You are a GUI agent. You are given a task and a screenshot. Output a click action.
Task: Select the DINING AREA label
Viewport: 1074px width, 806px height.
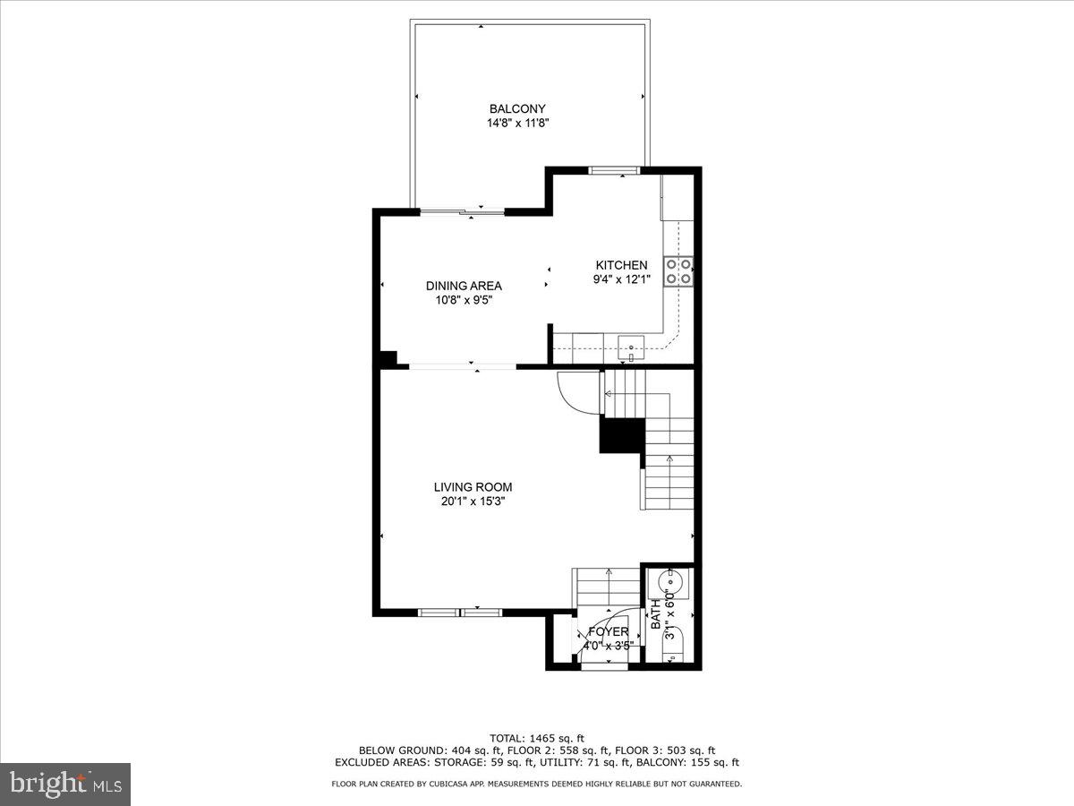[x=464, y=286]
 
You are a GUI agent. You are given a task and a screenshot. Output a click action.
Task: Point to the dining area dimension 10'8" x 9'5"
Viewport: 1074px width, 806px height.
[x=464, y=301]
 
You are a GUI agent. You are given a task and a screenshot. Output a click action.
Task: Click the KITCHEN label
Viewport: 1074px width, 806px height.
[x=621, y=265]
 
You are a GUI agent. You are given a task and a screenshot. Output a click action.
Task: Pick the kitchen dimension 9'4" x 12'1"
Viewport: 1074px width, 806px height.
[x=621, y=279]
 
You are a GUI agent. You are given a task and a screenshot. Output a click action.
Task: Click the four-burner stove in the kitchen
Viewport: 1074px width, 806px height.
[x=678, y=270]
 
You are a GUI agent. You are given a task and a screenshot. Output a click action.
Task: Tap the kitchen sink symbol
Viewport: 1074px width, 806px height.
[x=632, y=344]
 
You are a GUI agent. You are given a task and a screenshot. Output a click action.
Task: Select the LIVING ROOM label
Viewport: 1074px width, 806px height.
[x=473, y=487]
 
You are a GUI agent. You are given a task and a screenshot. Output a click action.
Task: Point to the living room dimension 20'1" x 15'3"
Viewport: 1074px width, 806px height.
[x=473, y=502]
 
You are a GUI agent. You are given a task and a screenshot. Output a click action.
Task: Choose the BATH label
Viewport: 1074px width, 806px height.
[x=655, y=615]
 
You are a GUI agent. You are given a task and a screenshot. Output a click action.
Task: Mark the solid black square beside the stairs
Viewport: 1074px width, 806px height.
[x=621, y=436]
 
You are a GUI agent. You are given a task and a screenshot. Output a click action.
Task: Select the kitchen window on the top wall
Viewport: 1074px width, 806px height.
[x=613, y=169]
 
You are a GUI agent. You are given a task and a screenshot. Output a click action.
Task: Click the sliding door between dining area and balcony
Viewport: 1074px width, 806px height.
[x=463, y=212]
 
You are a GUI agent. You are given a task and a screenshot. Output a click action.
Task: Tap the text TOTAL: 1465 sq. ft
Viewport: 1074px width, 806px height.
[x=537, y=738]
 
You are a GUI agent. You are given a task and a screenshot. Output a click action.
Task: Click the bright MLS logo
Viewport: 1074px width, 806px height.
[x=65, y=785]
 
